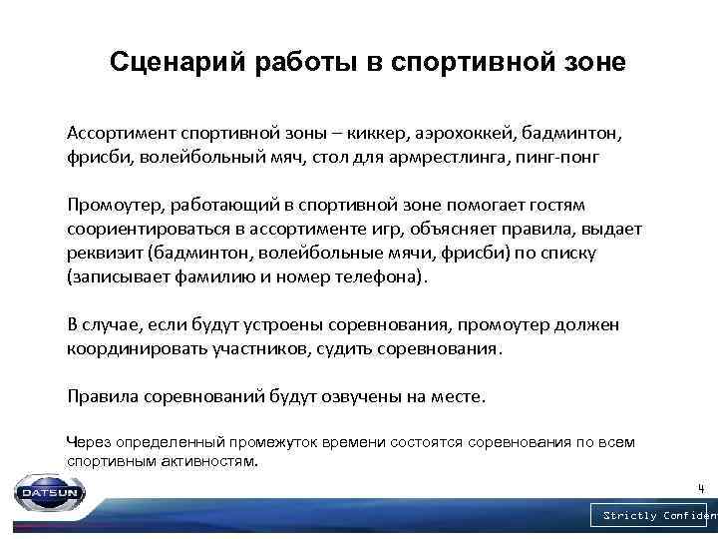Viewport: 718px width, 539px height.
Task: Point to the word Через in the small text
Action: pyautogui.click(x=89, y=441)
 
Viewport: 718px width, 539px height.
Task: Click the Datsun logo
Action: pyautogui.click(x=51, y=491)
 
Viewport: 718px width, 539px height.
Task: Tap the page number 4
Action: pyautogui.click(x=701, y=488)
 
